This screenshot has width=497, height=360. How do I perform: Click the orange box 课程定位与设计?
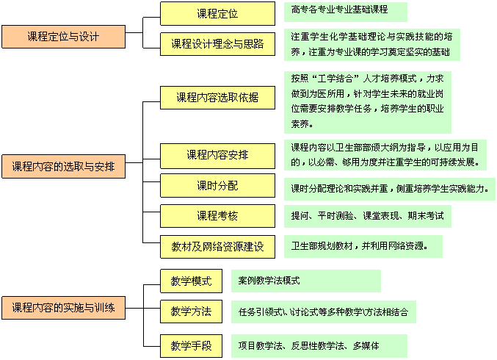pos(63,37)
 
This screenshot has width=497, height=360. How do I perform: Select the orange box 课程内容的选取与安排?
pos(63,166)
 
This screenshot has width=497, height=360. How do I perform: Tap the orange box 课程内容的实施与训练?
pos(63,308)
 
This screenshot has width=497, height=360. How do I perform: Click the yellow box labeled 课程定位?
pos(217,14)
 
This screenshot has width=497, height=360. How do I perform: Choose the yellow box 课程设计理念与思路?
pos(217,44)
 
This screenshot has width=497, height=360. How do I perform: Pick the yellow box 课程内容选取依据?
pos(217,98)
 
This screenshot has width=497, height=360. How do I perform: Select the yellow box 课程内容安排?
pos(217,156)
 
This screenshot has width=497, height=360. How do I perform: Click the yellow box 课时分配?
pos(217,186)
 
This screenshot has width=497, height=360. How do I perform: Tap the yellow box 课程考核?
pos(217,216)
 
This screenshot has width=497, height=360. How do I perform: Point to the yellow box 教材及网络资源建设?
pos(217,247)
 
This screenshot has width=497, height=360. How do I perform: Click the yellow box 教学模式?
pos(191,281)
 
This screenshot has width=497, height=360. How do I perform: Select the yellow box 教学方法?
pos(191,312)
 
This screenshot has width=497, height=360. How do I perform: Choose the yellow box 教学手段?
pos(191,346)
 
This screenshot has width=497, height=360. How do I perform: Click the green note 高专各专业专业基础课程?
pos(346,12)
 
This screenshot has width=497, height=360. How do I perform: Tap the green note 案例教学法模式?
pos(306,281)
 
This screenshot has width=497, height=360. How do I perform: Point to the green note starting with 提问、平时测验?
pos(367,216)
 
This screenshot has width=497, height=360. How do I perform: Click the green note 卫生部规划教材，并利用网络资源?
pos(363,246)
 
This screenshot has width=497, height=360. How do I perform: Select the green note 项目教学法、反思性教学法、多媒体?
pos(319,346)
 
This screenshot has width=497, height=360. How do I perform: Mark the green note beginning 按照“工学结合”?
pos(367,102)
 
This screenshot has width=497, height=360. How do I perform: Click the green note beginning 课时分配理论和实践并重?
pos(390,189)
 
